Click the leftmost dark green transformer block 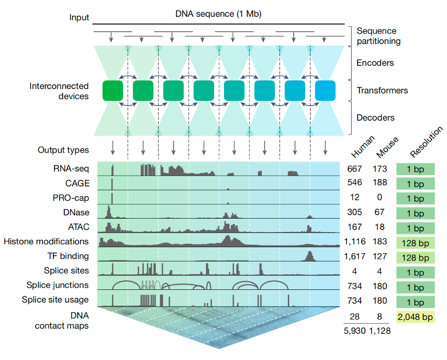pos(113,90)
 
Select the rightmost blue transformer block pos(325,90)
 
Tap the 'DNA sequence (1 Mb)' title pos(218,14)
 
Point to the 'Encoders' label pos(375,63)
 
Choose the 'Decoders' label pos(375,118)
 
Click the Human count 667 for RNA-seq pos(355,169)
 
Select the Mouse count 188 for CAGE pos(381,183)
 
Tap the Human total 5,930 pos(354,331)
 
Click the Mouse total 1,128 pos(380,331)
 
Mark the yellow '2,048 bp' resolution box pos(415,317)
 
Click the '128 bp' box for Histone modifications pos(415,243)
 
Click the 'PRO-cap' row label pos(71,198)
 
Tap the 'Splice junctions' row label pos(58,285)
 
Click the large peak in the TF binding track pos(310,256)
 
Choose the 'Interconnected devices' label pos(59,91)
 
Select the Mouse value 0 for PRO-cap pos(381,198)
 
